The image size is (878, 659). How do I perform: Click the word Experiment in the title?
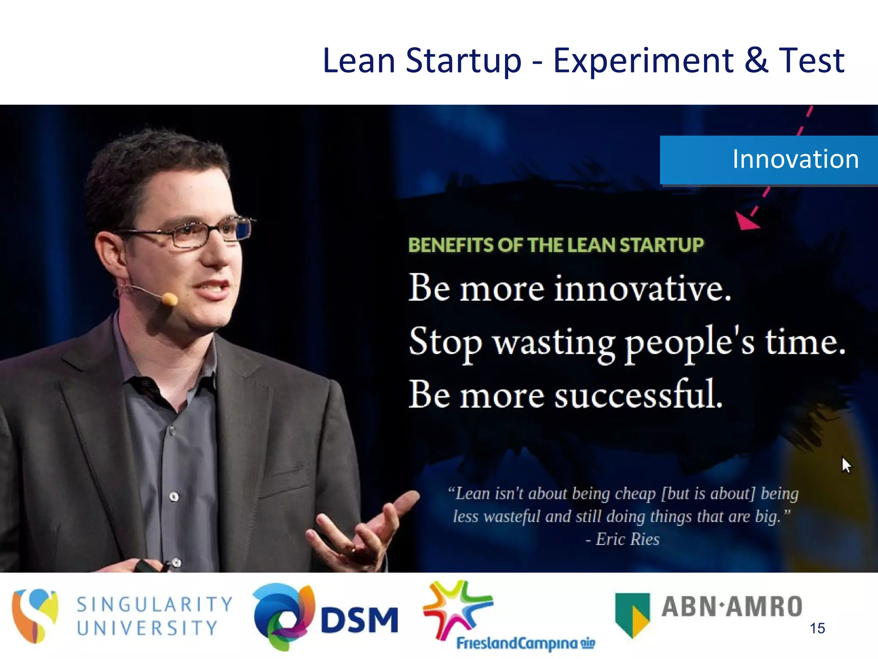[643, 61]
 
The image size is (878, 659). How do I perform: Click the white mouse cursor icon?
[846, 465]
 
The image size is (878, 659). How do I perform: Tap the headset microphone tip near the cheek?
[170, 299]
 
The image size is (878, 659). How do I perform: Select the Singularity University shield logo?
[34, 615]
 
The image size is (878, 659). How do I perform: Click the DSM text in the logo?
[359, 620]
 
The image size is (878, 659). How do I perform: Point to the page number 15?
[817, 629]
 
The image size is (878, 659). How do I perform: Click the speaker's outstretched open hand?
[364, 532]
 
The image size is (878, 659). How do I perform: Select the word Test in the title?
[811, 61]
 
